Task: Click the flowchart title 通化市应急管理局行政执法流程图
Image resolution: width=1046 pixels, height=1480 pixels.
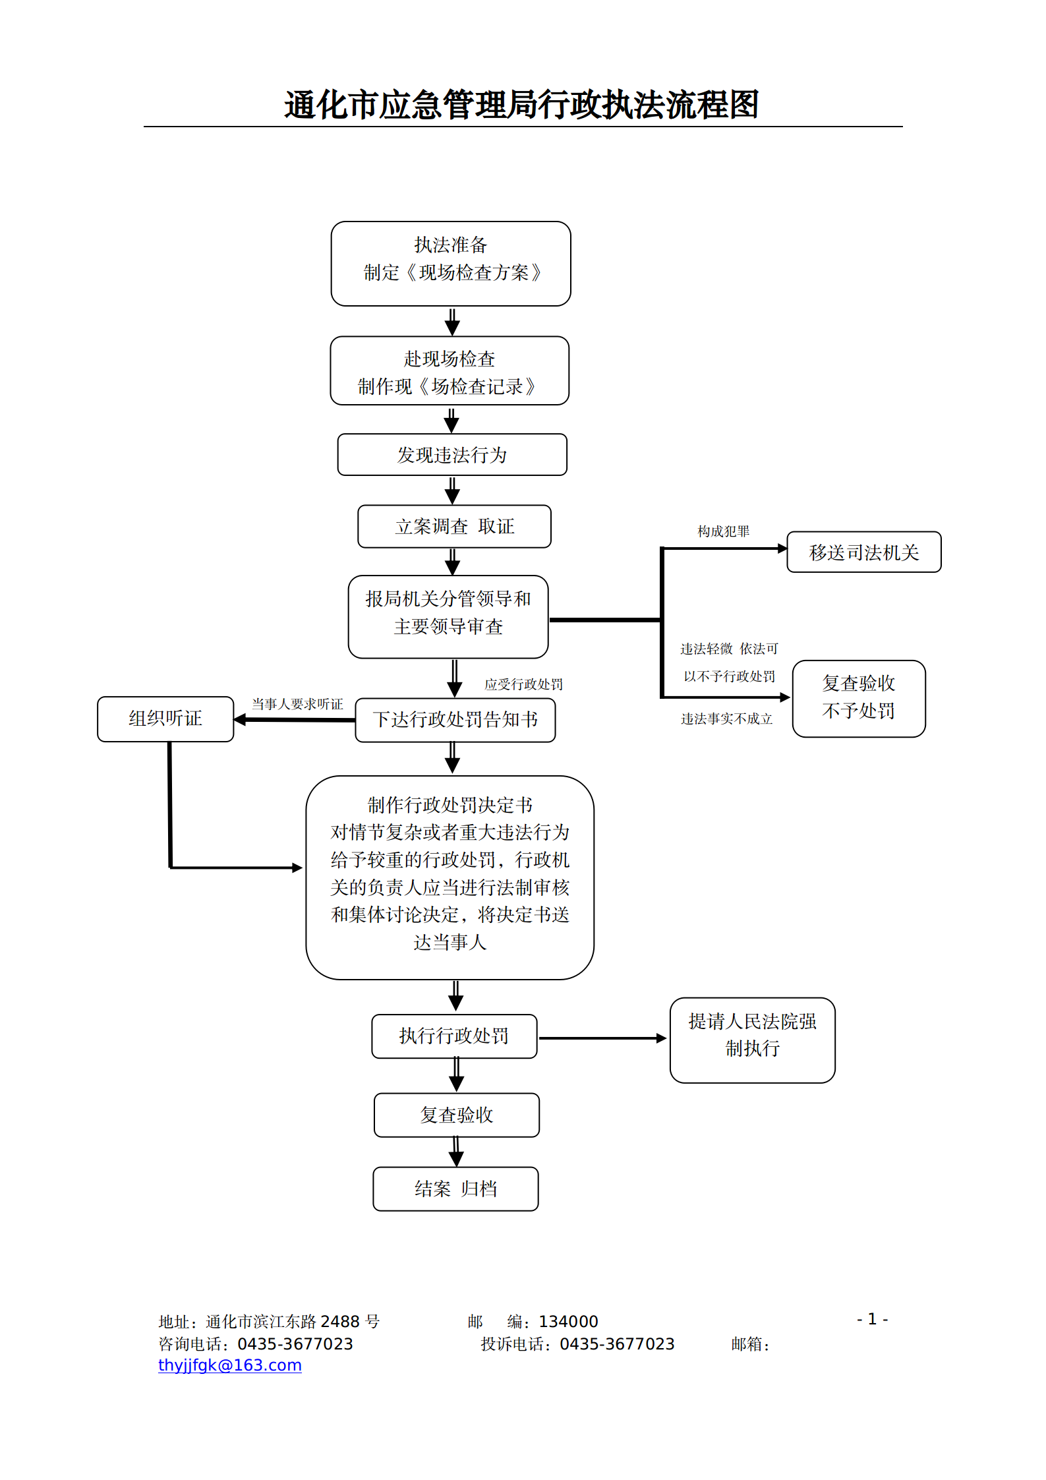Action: (x=521, y=105)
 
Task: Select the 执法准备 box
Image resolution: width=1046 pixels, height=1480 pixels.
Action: (x=451, y=264)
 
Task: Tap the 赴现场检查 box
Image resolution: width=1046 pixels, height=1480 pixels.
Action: (x=450, y=371)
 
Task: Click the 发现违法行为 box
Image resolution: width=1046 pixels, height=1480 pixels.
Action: (x=452, y=455)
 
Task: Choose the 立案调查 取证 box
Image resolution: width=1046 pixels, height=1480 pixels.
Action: (x=454, y=527)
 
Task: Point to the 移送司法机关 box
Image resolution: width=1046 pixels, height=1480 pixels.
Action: (x=863, y=552)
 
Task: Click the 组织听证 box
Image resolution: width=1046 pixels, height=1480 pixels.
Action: (x=165, y=719)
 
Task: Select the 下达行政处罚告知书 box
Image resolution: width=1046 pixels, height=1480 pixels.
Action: (x=455, y=720)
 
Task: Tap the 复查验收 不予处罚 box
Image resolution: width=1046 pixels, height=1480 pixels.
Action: (x=858, y=698)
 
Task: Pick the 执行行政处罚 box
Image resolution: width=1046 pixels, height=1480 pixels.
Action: (x=454, y=1036)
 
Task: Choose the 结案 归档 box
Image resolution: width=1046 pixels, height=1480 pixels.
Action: (x=455, y=1189)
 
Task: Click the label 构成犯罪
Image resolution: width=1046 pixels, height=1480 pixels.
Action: (x=723, y=531)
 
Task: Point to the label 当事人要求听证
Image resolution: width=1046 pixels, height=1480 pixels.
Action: (x=297, y=704)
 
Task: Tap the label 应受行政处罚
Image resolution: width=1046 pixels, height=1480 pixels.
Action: (x=523, y=684)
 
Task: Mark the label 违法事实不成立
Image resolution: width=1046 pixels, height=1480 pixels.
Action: (x=726, y=719)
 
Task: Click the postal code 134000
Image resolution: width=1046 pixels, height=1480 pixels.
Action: (x=568, y=1322)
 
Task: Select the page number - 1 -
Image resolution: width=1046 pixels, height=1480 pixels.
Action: (x=872, y=1319)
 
